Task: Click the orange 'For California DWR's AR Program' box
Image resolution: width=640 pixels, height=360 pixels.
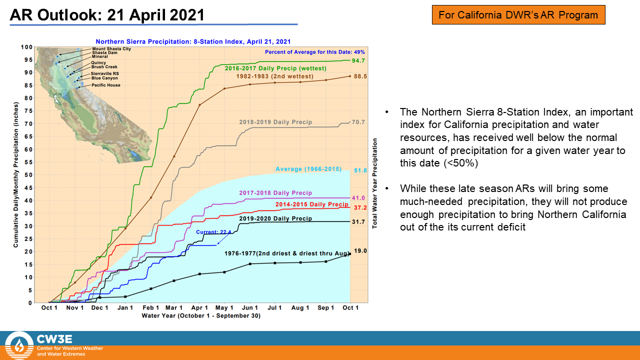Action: (x=518, y=14)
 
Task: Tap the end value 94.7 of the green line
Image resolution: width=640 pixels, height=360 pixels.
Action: (x=358, y=60)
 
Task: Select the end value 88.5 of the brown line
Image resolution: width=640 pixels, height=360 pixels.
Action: (x=360, y=76)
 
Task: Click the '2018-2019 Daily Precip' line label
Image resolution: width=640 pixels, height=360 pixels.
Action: (x=275, y=122)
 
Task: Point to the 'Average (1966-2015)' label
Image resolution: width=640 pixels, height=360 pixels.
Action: (x=308, y=169)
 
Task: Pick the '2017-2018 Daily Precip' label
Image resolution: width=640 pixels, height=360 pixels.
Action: (x=275, y=193)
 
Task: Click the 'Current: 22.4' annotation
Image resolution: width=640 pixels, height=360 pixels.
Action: (x=213, y=232)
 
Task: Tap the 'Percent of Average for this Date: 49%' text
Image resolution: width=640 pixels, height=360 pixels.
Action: (x=315, y=52)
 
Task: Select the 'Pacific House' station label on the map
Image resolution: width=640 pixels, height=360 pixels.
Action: (x=105, y=85)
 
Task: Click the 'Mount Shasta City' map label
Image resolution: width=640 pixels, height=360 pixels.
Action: (x=111, y=49)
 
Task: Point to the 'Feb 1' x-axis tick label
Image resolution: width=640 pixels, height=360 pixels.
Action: (x=150, y=307)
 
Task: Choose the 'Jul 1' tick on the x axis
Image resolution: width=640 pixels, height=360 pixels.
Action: (x=274, y=307)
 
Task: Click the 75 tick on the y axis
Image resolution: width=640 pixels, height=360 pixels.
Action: (x=28, y=111)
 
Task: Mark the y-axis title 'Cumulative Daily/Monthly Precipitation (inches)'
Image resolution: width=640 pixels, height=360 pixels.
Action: (x=15, y=175)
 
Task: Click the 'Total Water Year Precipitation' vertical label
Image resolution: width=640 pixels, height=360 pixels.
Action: (x=374, y=183)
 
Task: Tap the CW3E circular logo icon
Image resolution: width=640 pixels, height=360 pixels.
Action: (x=19, y=345)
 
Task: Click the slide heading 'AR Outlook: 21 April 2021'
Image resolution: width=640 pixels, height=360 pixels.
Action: (x=107, y=15)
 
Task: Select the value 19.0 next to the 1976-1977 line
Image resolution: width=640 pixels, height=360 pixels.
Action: (x=360, y=251)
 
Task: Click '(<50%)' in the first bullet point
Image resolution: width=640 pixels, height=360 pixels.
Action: (x=460, y=163)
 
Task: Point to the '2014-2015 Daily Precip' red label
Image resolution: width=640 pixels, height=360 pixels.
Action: (x=311, y=204)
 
